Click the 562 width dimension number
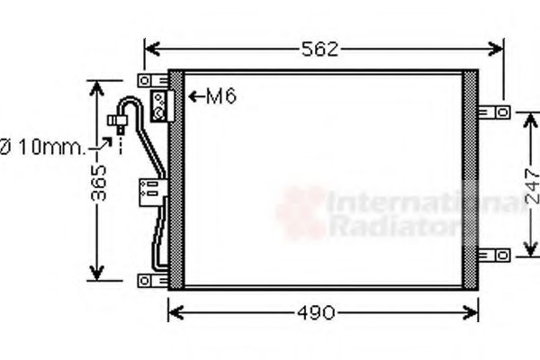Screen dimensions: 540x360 [319, 49]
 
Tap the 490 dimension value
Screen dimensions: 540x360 [316, 313]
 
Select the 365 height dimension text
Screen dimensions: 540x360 [98, 183]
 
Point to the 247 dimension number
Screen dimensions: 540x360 [532, 186]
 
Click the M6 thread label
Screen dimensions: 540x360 [221, 96]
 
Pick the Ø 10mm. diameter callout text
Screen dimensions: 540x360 [42, 147]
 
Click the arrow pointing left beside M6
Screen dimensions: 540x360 [196, 96]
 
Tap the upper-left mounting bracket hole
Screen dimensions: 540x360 [145, 81]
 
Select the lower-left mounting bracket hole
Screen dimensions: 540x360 [145, 281]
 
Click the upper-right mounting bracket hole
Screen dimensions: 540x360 [503, 112]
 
